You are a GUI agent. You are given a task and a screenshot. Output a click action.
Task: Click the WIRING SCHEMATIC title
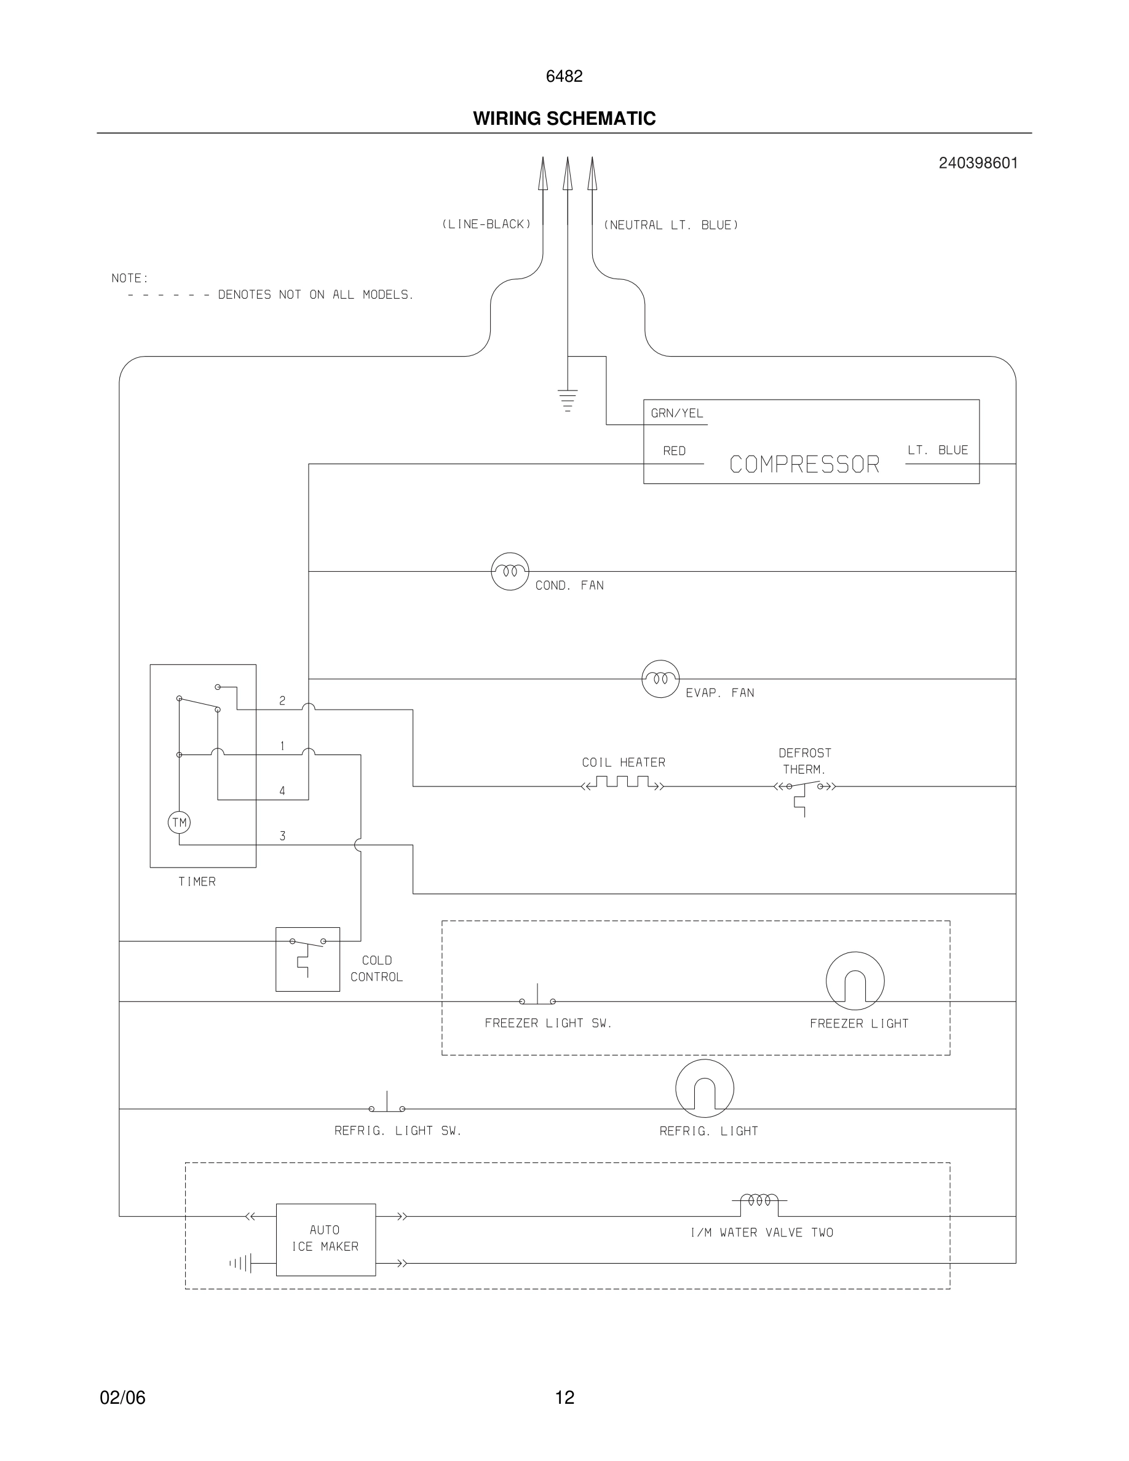click(x=564, y=119)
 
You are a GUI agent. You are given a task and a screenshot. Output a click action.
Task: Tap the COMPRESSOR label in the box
click(x=804, y=464)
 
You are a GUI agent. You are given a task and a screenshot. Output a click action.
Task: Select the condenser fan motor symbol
click(x=510, y=571)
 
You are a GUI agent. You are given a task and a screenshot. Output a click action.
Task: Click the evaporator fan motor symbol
click(x=660, y=678)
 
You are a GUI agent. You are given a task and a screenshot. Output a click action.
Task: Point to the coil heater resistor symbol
click(x=623, y=783)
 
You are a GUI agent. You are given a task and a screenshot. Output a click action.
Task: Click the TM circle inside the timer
click(x=179, y=822)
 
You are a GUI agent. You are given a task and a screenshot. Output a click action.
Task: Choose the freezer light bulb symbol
click(x=855, y=981)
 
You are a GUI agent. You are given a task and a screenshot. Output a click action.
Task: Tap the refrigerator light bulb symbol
click(x=704, y=1088)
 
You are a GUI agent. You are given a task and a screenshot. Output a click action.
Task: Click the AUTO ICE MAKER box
click(x=326, y=1239)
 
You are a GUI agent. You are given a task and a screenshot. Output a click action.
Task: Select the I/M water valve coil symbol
click(x=759, y=1202)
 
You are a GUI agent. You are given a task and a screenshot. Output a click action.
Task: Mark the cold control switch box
click(x=307, y=959)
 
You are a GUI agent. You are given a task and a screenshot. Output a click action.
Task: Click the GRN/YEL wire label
click(x=677, y=413)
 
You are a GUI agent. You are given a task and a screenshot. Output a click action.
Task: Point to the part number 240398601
click(x=978, y=163)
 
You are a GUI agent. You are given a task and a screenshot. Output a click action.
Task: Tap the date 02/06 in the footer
click(x=122, y=1398)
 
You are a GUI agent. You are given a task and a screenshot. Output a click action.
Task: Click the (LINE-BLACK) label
click(x=486, y=224)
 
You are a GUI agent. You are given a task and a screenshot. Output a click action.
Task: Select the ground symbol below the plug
click(x=567, y=399)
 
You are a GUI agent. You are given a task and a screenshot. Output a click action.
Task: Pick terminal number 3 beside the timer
click(x=282, y=836)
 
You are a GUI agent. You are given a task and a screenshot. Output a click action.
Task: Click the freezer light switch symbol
click(x=537, y=997)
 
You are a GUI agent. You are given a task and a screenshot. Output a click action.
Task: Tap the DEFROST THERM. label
click(x=804, y=761)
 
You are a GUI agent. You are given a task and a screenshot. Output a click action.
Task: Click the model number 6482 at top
click(x=564, y=76)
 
